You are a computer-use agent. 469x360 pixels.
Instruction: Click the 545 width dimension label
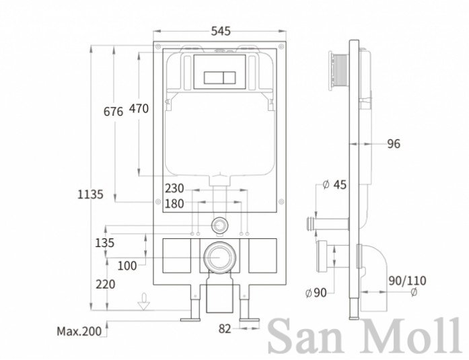(221, 31)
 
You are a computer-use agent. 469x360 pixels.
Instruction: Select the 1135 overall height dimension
(90, 194)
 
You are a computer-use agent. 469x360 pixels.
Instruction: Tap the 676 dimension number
(113, 112)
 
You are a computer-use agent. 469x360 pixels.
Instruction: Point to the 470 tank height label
(139, 108)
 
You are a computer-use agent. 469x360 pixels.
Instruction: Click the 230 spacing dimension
(174, 188)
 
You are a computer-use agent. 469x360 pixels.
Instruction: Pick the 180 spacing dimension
(174, 204)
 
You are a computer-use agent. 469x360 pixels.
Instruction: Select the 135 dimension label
(105, 243)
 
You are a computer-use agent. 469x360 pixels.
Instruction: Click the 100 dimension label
(127, 266)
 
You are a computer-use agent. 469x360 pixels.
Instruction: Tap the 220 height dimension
(105, 284)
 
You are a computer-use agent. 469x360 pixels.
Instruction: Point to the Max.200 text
(79, 331)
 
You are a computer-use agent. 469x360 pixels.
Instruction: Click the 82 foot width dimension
(225, 329)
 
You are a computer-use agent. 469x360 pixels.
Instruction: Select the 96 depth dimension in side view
(394, 144)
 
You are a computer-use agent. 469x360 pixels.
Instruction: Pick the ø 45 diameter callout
(335, 184)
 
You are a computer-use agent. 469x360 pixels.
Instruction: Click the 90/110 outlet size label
(407, 281)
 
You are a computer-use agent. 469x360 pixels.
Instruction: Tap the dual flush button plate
(220, 78)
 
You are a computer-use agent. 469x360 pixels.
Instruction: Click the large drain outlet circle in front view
(220, 257)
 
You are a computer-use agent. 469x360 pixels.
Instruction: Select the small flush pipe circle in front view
(220, 225)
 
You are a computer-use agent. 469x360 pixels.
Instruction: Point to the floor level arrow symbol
(144, 302)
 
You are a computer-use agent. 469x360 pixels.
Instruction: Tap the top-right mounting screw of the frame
(281, 46)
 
